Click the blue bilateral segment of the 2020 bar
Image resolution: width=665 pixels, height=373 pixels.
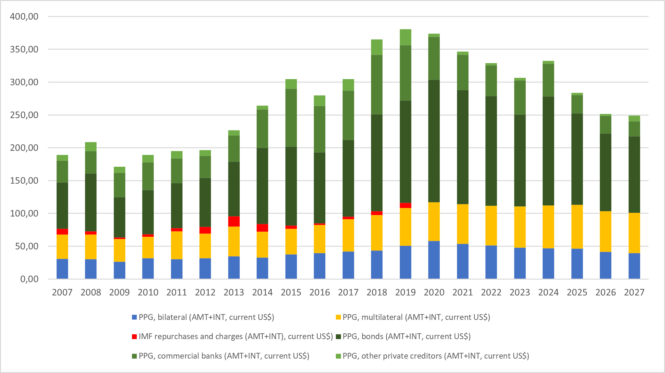(x=434, y=260)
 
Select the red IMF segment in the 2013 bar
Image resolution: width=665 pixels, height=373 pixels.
(x=234, y=221)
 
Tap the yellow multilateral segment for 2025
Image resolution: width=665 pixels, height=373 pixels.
(x=577, y=226)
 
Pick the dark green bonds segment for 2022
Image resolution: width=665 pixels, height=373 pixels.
(x=491, y=151)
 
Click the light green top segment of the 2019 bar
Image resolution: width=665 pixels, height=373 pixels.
(x=406, y=37)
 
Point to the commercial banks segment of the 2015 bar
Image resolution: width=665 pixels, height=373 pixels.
(x=291, y=118)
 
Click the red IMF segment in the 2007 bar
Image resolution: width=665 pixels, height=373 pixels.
(x=62, y=232)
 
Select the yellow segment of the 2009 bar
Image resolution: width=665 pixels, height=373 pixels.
(x=120, y=250)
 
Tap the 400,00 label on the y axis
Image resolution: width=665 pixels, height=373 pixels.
(x=24, y=16)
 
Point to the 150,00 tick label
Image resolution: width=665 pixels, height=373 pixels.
(x=24, y=180)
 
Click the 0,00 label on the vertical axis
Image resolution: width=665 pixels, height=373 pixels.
(x=29, y=279)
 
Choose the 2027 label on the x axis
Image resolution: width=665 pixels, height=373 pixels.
(x=634, y=292)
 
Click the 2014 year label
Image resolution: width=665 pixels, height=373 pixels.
(x=262, y=292)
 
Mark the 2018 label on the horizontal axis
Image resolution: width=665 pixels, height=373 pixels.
(x=377, y=292)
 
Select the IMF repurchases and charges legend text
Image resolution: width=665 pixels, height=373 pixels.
(x=236, y=336)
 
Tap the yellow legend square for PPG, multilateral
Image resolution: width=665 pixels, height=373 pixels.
(x=338, y=317)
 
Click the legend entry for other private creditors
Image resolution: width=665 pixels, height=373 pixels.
(x=436, y=356)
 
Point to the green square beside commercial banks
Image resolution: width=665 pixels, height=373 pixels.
(x=135, y=356)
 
